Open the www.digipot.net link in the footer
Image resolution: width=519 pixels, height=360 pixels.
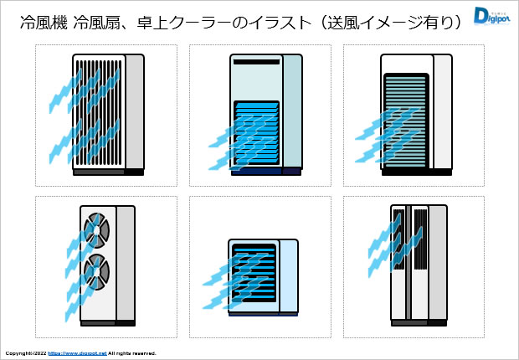77,353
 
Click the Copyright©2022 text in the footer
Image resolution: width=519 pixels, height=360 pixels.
25,353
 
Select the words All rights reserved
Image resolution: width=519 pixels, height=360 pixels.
132,353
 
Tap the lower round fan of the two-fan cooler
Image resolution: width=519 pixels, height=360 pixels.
95,270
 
